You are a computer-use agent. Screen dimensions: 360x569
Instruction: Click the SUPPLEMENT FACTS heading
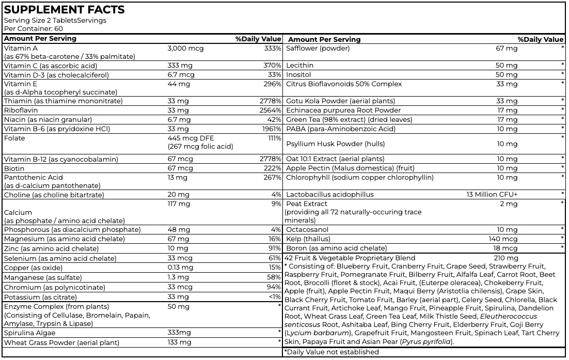point(65,10)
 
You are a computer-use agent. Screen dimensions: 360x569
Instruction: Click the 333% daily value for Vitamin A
point(273,48)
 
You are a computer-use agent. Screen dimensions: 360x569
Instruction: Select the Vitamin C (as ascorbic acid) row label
point(50,66)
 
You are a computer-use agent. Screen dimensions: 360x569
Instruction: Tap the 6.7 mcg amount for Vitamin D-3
point(181,74)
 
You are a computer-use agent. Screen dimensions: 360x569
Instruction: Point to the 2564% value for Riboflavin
point(270,110)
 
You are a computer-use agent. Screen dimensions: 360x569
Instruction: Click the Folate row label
point(14,138)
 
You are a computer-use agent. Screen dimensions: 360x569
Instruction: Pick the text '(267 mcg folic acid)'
point(200,146)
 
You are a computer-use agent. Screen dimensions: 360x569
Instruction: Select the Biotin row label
point(14,168)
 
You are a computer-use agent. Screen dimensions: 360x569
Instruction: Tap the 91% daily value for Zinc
point(275,249)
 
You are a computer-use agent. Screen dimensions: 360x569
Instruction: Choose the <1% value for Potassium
point(275,297)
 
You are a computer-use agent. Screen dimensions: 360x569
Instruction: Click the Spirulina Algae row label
point(31,333)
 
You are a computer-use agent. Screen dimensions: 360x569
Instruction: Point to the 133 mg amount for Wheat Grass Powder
point(179,342)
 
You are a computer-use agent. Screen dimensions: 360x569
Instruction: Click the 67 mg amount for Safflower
point(507,48)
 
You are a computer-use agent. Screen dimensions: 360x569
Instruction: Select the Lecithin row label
point(300,66)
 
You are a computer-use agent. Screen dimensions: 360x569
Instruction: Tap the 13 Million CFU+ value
point(492,195)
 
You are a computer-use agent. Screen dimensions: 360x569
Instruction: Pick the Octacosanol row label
point(307,229)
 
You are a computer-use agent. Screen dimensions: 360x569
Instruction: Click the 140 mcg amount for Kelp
point(503,239)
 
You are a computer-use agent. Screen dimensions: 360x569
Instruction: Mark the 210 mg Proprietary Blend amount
point(505,258)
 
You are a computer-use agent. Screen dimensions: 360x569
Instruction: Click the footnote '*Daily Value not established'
point(331,352)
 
